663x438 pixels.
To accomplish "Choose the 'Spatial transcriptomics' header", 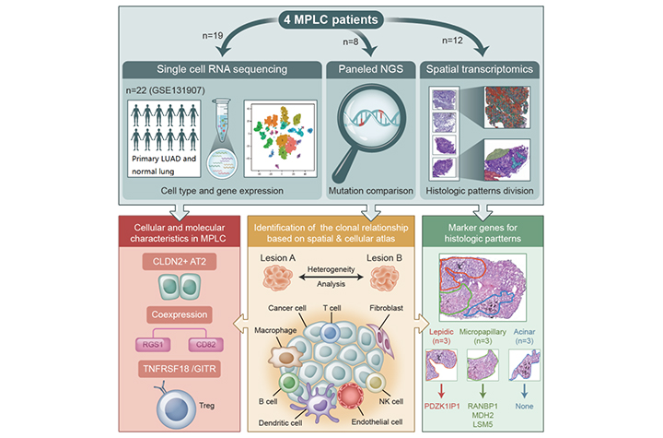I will tap(481, 69).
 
